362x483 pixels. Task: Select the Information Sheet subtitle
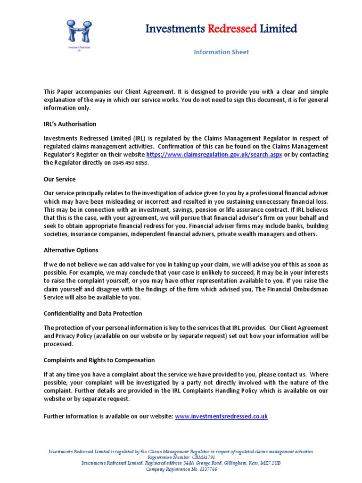pos(221,52)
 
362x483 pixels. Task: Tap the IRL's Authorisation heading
pos(70,124)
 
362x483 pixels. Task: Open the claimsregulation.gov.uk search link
pos(214,155)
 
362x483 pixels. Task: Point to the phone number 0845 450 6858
pos(130,163)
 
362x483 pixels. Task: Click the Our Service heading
pos(59,180)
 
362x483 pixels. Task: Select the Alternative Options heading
pos(71,250)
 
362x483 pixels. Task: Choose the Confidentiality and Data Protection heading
pos(92,313)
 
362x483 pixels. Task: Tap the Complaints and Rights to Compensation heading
pos(99,360)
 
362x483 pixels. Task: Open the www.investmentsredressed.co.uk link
pos(221,416)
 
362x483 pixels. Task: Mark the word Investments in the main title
pos(172,29)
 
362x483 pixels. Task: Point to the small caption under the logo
pos(79,49)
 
